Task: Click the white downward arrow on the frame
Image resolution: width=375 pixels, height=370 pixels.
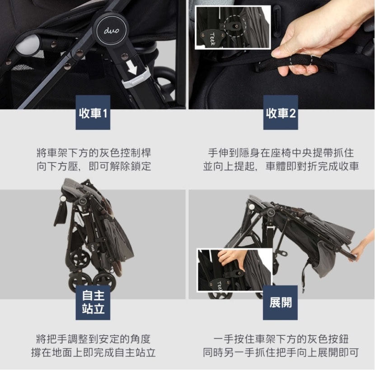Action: click(x=132, y=67)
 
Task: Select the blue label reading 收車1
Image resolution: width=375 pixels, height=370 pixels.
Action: click(x=93, y=112)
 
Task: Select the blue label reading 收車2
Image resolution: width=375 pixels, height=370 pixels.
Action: click(x=281, y=112)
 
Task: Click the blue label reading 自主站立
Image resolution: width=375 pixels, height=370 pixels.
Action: click(x=93, y=303)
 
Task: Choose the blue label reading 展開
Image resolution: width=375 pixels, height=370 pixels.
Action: click(x=280, y=303)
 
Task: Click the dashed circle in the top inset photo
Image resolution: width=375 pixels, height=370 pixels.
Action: click(x=235, y=26)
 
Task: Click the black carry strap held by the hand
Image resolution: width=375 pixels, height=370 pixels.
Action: click(x=295, y=62)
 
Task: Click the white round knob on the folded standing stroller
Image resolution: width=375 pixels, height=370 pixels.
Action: click(x=63, y=199)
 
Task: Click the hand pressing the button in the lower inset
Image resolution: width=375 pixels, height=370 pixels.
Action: click(x=230, y=259)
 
